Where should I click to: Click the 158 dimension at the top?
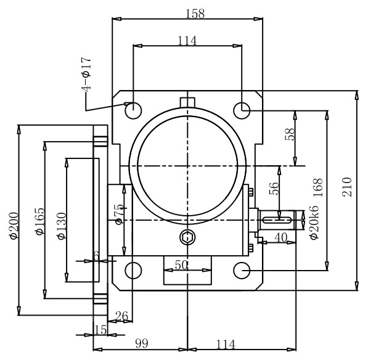(x=195, y=12)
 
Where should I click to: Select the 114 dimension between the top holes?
(x=187, y=41)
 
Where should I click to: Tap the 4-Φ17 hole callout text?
(x=86, y=75)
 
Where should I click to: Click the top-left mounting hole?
(x=133, y=110)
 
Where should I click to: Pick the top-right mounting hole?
(x=242, y=110)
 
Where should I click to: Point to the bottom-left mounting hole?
(x=133, y=270)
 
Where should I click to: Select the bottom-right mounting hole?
(x=242, y=270)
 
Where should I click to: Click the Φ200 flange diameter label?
(x=14, y=226)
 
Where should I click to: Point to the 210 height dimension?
(x=346, y=187)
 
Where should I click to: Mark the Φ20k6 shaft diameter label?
(x=313, y=225)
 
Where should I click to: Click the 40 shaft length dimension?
(x=280, y=237)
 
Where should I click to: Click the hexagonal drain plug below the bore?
(x=187, y=236)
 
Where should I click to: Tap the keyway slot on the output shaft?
(x=281, y=216)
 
